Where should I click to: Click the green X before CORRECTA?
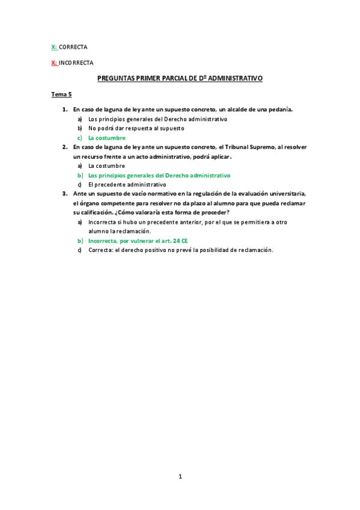[53, 46]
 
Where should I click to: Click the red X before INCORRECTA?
[53, 62]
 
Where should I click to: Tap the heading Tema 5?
[61, 94]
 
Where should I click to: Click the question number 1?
[64, 109]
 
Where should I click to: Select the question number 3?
[64, 193]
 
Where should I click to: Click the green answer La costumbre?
[106, 138]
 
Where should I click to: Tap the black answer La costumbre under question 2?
[106, 165]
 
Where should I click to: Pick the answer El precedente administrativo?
[127, 184]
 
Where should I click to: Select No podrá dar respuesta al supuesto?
[136, 128]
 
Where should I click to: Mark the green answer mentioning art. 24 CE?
[138, 240]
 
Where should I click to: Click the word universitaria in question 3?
[287, 193]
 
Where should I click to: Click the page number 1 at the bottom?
[180, 476]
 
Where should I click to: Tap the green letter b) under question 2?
[80, 175]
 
